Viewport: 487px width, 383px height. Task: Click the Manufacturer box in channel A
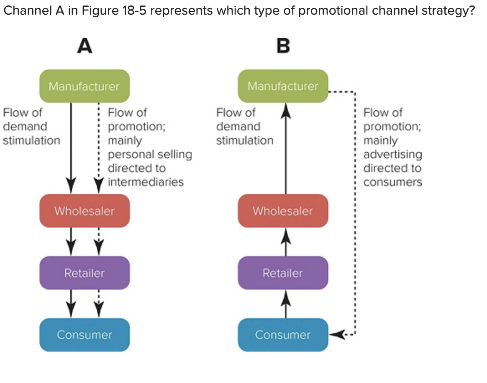(x=84, y=86)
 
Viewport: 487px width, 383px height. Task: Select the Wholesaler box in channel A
(x=84, y=211)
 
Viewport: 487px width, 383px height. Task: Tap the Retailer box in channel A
(x=84, y=273)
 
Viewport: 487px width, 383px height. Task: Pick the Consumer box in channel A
(x=84, y=335)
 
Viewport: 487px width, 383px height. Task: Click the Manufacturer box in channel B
(x=283, y=86)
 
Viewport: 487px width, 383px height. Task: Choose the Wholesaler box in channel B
(x=283, y=211)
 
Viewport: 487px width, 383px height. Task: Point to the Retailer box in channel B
(x=283, y=273)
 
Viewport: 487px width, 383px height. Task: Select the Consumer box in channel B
(x=283, y=335)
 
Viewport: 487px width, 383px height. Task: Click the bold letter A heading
(x=85, y=46)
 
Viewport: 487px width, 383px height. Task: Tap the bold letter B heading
(x=283, y=46)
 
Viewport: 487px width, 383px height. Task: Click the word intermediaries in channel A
(x=146, y=182)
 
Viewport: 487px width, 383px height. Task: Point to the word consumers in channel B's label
(x=392, y=182)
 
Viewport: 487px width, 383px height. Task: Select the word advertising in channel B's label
(x=392, y=154)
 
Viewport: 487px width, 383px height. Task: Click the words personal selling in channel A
(x=150, y=154)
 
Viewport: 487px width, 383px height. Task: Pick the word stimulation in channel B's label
(x=244, y=140)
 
